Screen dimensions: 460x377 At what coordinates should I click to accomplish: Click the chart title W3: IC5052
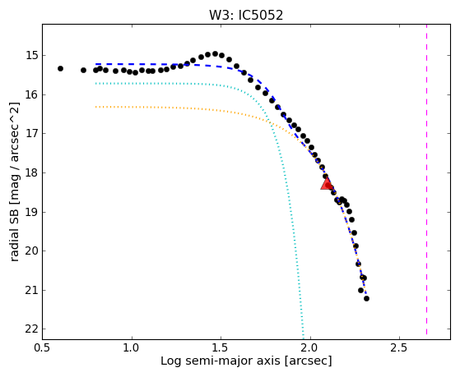tap(246, 15)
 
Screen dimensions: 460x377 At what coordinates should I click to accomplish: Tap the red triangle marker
tap(327, 184)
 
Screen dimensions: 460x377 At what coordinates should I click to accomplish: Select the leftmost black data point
tap(60, 68)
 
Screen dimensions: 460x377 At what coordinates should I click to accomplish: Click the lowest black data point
tap(366, 298)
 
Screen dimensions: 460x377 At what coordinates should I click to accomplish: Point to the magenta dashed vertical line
tap(426, 179)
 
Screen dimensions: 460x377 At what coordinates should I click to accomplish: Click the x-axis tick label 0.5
tap(43, 347)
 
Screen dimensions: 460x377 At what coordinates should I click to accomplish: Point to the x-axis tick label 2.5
tap(399, 347)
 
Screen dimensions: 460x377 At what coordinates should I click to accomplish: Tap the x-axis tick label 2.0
tap(310, 347)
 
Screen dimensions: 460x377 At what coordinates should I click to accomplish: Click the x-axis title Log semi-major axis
tap(221, 361)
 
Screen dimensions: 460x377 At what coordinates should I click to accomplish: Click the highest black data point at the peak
tap(215, 53)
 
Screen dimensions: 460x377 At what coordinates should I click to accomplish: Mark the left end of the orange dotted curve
tap(96, 107)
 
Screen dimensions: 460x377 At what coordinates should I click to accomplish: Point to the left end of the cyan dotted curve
tap(96, 84)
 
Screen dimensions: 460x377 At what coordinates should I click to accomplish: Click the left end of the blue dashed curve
tap(96, 64)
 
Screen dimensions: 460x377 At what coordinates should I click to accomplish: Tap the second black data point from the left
tap(84, 71)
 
